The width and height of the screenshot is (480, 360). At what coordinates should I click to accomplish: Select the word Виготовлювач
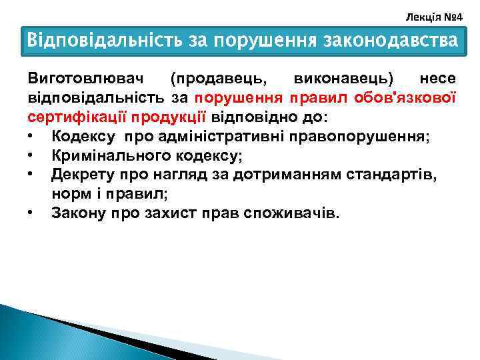point(81,79)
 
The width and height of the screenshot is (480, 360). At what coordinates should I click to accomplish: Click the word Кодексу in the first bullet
point(83,137)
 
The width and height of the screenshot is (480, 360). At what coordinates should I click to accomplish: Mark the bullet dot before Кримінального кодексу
point(31,156)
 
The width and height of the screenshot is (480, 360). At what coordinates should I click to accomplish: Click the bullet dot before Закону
point(31,214)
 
